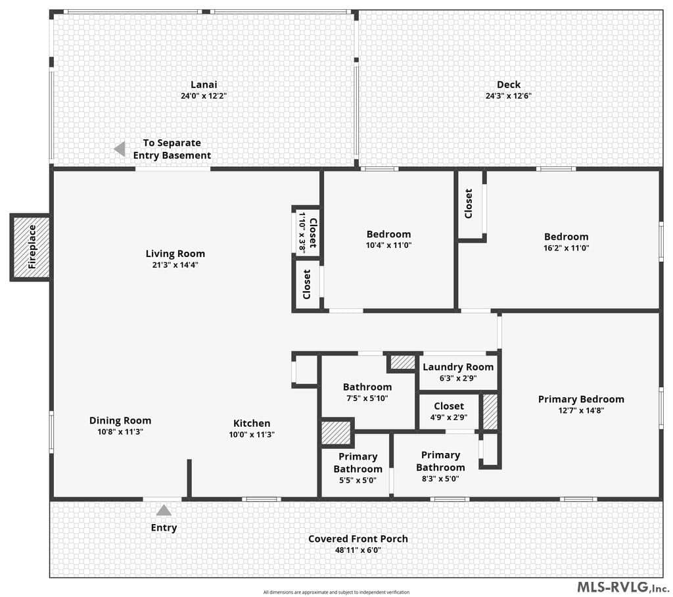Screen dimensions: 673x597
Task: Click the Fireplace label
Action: pos(32,247)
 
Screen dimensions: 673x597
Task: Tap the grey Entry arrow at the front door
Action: pos(164,510)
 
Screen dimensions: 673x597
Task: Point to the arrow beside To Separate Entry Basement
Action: pos(120,149)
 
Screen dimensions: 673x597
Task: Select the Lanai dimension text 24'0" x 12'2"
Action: pos(204,96)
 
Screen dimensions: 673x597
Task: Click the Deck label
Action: pos(509,85)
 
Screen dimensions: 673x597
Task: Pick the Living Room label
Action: pos(175,254)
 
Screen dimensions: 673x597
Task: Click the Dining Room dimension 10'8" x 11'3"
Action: pos(120,432)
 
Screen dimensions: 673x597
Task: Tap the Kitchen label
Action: pos(252,423)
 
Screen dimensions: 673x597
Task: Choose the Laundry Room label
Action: pos(458,368)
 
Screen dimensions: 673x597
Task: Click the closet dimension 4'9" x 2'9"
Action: pos(448,417)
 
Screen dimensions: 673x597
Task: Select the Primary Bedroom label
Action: pos(581,400)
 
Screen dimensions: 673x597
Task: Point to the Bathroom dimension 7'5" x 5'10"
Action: pos(367,398)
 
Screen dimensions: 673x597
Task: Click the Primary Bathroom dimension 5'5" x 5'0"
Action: pos(358,480)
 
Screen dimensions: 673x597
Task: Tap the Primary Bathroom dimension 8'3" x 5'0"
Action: pos(440,479)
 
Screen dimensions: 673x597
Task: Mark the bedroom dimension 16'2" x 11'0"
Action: pos(566,248)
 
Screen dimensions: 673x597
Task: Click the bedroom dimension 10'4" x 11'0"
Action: pos(388,245)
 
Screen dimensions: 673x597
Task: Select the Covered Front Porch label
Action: pos(358,539)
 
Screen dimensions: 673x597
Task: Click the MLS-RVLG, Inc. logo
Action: pos(622,586)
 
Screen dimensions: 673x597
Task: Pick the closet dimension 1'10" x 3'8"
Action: pos(302,232)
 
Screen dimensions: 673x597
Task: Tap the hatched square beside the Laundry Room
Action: pos(403,362)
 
